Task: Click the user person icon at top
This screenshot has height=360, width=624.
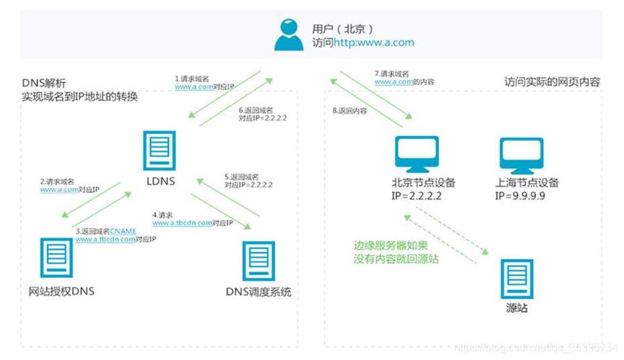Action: click(x=288, y=34)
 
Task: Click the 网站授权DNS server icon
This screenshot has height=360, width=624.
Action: click(x=57, y=259)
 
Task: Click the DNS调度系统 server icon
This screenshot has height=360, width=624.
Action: click(x=257, y=260)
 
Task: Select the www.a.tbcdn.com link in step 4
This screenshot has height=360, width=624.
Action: click(x=182, y=223)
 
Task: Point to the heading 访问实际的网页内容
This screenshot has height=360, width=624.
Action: click(x=551, y=83)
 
